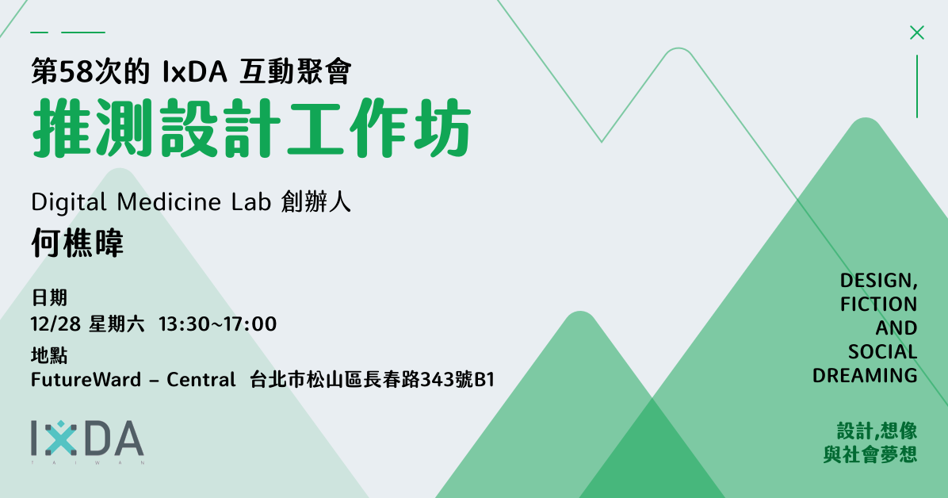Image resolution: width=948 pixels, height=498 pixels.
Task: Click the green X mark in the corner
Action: (x=916, y=33)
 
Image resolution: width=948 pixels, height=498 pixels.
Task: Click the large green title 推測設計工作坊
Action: (x=251, y=128)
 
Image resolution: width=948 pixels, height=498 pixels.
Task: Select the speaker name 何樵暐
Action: (x=78, y=243)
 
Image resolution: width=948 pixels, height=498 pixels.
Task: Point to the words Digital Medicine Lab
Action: (x=151, y=201)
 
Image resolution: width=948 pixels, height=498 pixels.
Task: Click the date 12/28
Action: (x=55, y=324)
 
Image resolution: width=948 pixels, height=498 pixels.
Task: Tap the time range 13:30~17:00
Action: (x=218, y=324)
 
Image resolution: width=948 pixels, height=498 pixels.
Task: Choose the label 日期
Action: (x=49, y=297)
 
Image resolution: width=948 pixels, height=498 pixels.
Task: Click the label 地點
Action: (x=49, y=355)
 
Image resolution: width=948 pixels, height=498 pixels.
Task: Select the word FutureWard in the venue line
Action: (x=86, y=379)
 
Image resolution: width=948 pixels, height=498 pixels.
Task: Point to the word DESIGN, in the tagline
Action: (x=878, y=281)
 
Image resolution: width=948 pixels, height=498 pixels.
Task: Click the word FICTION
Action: (x=878, y=304)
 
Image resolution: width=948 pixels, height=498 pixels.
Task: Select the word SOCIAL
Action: (x=883, y=351)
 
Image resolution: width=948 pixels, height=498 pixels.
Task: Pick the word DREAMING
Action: (x=865, y=375)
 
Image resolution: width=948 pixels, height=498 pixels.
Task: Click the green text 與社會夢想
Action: (x=870, y=454)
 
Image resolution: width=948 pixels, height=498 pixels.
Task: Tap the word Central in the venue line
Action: (x=201, y=379)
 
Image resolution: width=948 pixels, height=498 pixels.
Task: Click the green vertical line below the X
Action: (x=916, y=86)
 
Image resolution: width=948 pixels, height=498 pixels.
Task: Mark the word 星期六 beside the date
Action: (x=117, y=324)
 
